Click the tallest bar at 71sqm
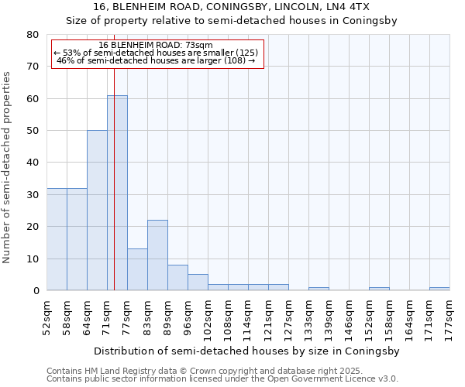117,193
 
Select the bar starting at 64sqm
97,211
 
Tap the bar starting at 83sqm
157,255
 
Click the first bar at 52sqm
57,239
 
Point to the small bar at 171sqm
439,289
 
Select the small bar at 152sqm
379,289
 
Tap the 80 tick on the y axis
32,35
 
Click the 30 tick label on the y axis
32,195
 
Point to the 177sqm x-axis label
449,317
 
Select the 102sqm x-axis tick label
208,317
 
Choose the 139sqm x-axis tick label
329,317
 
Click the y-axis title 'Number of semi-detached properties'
7,166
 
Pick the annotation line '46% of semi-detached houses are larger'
156,60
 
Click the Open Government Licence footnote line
222,378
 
